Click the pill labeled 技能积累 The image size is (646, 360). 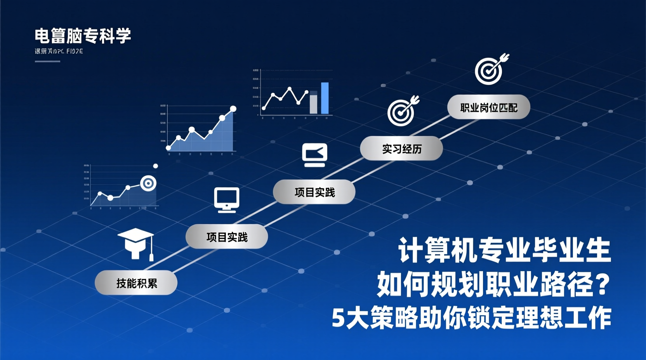click(x=136, y=283)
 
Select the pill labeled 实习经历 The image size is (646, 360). click(x=401, y=149)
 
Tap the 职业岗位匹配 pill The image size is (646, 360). click(x=488, y=107)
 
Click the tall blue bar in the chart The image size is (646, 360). click(x=325, y=98)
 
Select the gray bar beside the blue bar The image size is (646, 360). click(x=313, y=103)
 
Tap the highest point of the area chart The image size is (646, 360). click(x=233, y=109)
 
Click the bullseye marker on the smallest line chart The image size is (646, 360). click(x=148, y=183)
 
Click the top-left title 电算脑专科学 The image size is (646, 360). click(x=83, y=36)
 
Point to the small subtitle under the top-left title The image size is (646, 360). click(x=59, y=51)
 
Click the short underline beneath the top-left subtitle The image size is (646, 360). click(x=47, y=61)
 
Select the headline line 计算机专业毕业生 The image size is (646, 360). click(x=504, y=250)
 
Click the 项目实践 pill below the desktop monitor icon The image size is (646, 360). click(x=227, y=237)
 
